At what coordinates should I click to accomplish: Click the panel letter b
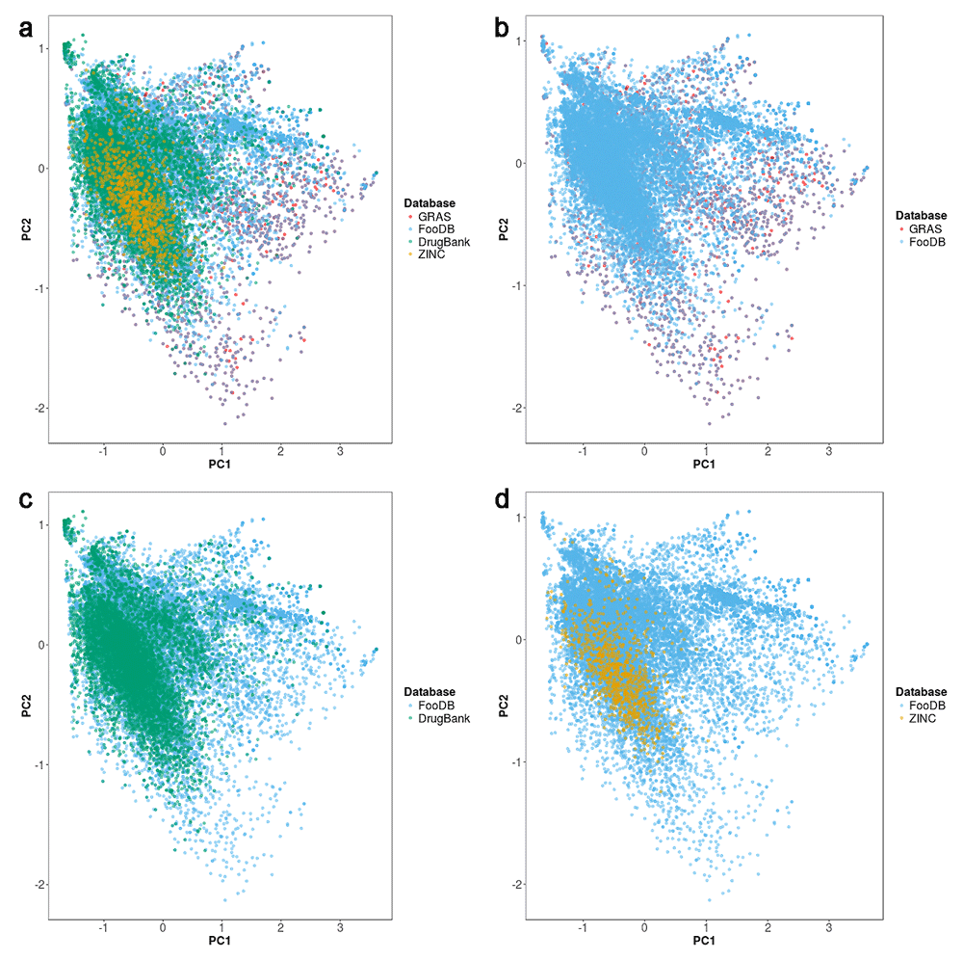(x=502, y=30)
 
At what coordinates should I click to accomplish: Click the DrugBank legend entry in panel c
(x=444, y=718)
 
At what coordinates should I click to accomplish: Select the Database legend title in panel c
(x=429, y=692)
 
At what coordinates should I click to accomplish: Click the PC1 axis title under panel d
(x=704, y=941)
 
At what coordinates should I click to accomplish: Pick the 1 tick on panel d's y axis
(x=519, y=518)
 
